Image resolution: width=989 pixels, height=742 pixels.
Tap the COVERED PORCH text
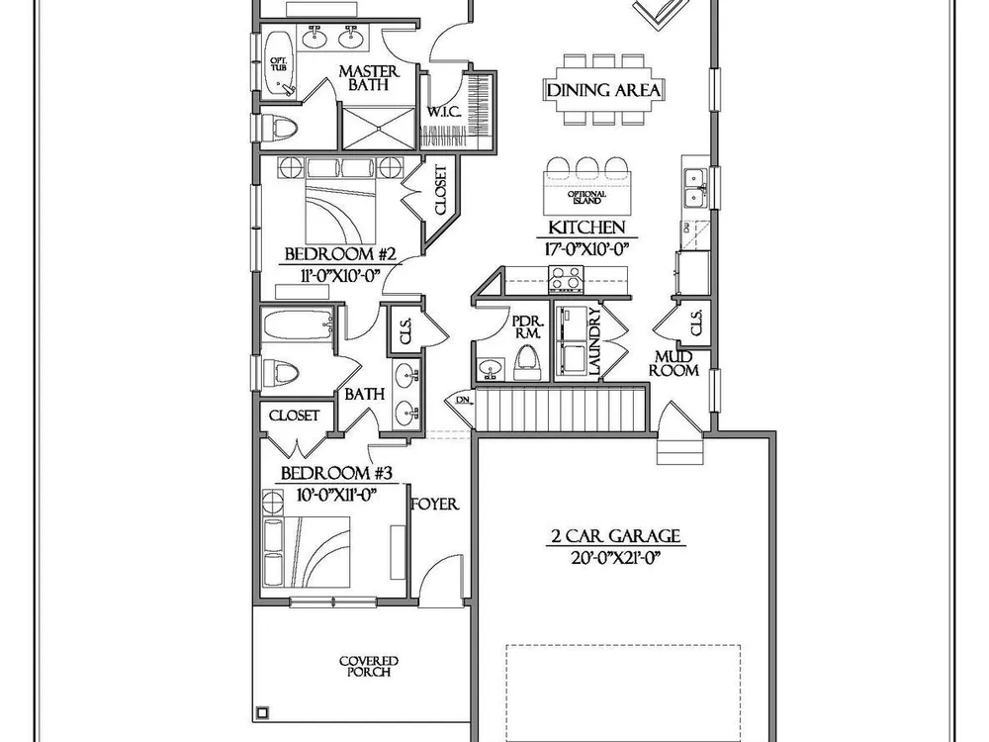click(x=369, y=666)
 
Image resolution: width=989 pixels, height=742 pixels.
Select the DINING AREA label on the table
click(x=603, y=90)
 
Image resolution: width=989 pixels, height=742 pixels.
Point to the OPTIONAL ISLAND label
click(x=587, y=197)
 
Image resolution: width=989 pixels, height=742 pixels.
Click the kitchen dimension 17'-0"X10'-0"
click(x=586, y=249)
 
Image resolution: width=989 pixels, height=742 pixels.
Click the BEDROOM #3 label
click(x=336, y=473)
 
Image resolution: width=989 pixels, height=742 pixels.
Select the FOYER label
click(x=434, y=505)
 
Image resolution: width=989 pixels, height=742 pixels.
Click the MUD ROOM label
click(x=674, y=364)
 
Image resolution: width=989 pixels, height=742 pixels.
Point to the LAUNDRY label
click(x=594, y=342)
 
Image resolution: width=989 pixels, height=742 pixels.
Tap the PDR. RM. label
click(x=527, y=326)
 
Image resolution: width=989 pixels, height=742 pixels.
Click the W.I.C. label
click(x=444, y=113)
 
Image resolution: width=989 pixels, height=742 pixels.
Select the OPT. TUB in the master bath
click(x=278, y=65)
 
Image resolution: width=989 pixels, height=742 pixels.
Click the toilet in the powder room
click(x=527, y=363)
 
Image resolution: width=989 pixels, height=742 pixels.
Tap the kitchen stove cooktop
click(x=566, y=279)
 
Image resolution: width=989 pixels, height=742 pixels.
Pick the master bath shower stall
click(x=378, y=128)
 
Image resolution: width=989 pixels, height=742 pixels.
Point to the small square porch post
click(x=262, y=713)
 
